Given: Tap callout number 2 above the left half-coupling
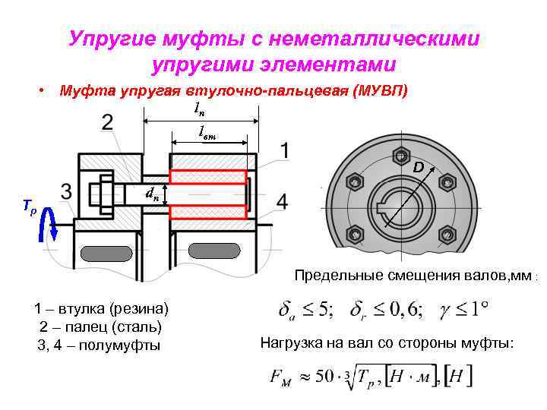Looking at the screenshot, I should (108, 122).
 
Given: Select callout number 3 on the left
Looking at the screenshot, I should (67, 191).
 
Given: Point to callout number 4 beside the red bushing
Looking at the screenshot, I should (283, 202).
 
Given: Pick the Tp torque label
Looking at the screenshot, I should (28, 205).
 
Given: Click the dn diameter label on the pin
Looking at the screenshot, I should (152, 194).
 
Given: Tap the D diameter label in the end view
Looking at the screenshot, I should (418, 167).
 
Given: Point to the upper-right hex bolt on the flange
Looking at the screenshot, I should (447, 182).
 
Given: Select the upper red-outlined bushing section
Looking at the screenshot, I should (207, 177).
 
